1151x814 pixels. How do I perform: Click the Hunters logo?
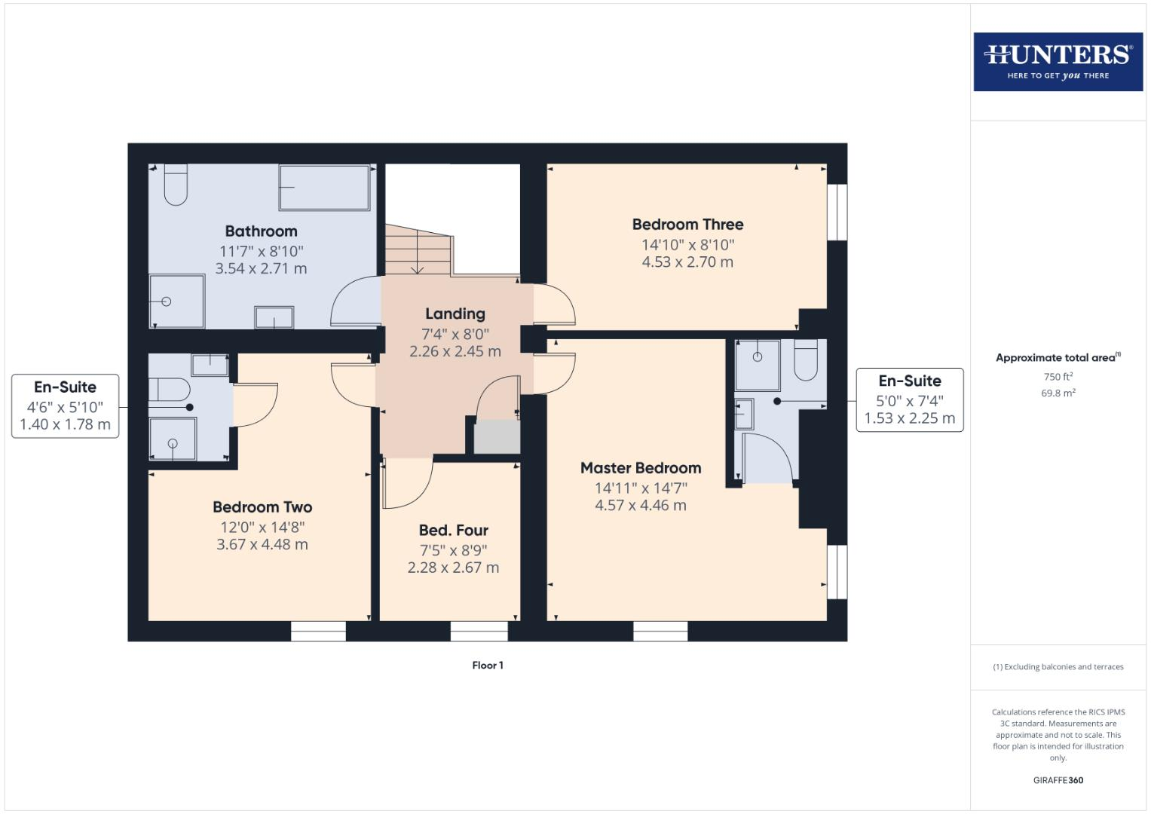point(1058,62)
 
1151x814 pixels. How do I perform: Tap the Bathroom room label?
point(261,231)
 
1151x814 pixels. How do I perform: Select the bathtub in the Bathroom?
point(324,187)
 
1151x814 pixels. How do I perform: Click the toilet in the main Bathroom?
point(176,185)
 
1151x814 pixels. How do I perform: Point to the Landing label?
point(455,314)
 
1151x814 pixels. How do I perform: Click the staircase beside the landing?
point(418,250)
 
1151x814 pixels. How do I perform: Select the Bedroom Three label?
point(687,224)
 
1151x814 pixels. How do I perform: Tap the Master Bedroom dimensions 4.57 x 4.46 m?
point(640,505)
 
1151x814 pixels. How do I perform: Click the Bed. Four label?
point(453,530)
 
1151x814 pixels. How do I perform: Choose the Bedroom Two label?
point(262,507)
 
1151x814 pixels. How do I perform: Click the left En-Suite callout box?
point(66,405)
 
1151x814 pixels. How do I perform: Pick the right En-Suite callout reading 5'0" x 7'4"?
point(909,399)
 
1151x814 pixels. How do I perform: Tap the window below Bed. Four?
point(479,631)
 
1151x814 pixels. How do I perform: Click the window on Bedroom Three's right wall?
point(837,212)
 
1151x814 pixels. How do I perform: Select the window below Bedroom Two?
point(318,631)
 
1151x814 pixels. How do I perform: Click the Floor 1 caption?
point(488,666)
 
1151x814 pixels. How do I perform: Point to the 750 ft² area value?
point(1058,377)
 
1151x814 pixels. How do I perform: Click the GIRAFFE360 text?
point(1058,780)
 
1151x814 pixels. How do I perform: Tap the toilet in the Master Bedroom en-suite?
point(806,361)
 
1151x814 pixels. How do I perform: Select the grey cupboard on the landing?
point(496,437)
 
